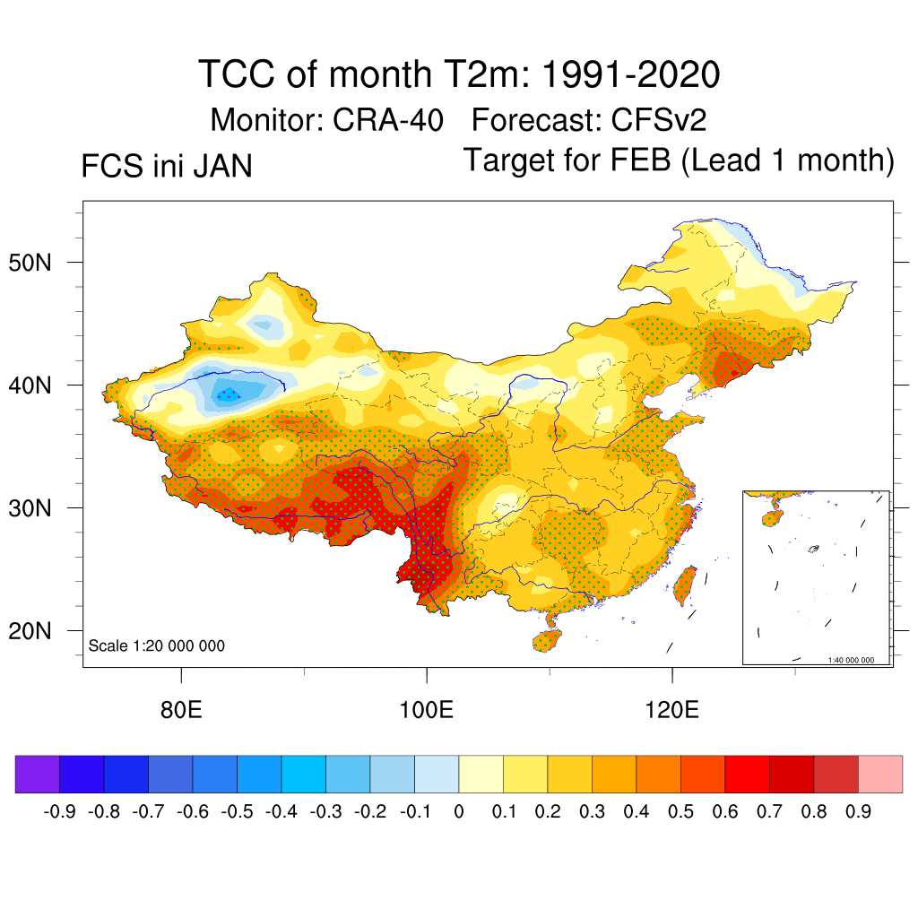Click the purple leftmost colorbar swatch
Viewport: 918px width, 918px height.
tap(37, 774)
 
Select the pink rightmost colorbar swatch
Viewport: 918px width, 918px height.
tap(880, 774)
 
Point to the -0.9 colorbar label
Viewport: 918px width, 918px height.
tap(59, 812)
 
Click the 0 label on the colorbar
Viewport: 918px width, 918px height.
tap(459, 812)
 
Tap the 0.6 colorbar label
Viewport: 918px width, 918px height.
tap(725, 812)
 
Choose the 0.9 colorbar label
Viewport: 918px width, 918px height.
tap(858, 812)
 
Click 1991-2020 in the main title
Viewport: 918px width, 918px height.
tap(619, 74)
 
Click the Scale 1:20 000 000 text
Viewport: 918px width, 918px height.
tap(157, 646)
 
